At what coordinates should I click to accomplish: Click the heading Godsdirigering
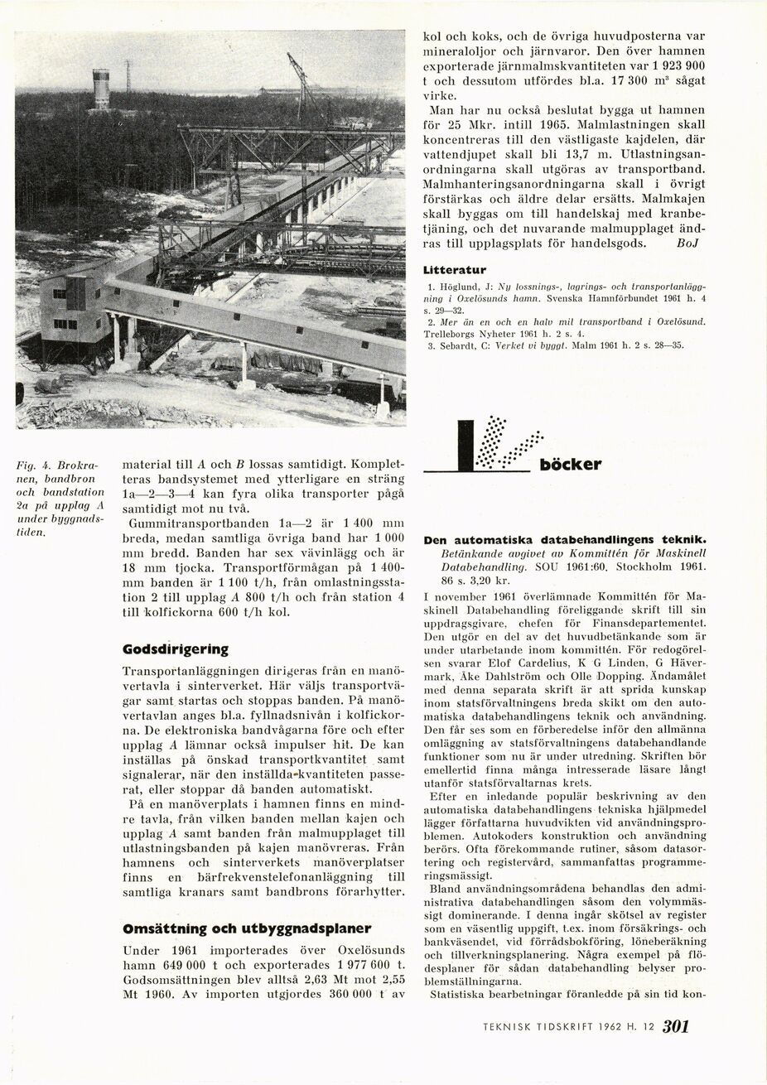pos(175,649)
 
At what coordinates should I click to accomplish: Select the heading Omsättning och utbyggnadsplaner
pos(247,928)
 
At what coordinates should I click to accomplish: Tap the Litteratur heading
pos(454,270)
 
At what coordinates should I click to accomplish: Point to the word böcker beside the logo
pos(570,465)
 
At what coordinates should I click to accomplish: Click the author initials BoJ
pos(687,244)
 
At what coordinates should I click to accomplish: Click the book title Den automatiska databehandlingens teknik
pos(564,539)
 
